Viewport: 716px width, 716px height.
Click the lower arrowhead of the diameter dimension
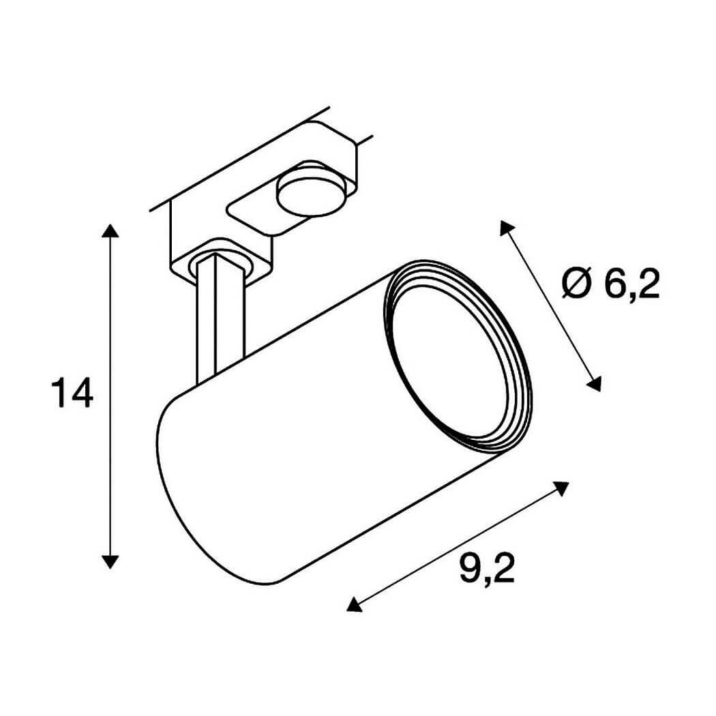595,383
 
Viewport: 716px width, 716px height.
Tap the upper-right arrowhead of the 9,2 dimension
561,488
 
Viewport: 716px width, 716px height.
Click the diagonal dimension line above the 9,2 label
457,546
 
